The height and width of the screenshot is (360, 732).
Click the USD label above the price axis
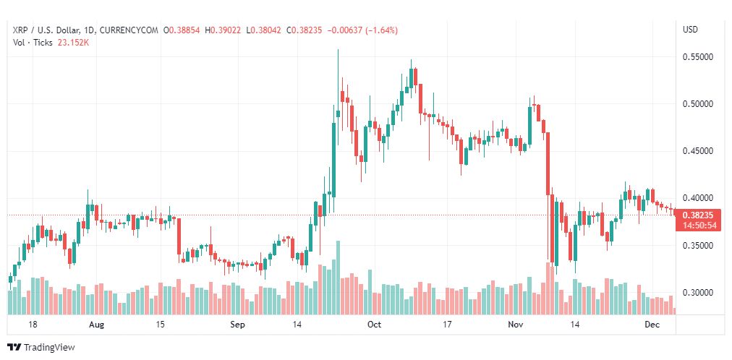click(x=691, y=30)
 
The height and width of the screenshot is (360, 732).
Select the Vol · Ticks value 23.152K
click(x=73, y=42)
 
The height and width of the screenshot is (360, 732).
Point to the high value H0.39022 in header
click(x=226, y=30)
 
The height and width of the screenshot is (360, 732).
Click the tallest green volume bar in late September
click(x=338, y=278)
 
